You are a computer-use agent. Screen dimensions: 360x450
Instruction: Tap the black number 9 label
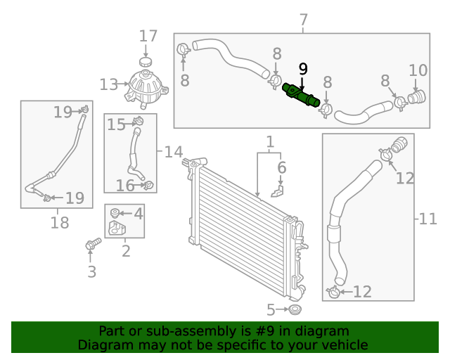(303, 69)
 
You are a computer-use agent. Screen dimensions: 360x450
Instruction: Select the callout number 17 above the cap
(148, 37)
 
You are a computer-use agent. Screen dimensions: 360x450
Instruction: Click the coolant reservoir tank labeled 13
(146, 88)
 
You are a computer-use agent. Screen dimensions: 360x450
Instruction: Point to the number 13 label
(109, 85)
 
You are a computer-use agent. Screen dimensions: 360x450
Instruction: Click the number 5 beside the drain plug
(271, 309)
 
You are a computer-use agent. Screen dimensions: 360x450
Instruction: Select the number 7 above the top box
(303, 20)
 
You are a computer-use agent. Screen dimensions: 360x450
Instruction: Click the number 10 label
(418, 70)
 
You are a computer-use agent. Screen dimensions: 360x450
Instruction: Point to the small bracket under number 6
(278, 189)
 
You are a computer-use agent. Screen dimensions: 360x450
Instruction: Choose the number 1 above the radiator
(270, 143)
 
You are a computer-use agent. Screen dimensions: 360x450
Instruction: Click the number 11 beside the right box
(427, 219)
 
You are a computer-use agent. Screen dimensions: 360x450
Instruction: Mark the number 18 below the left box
(60, 223)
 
